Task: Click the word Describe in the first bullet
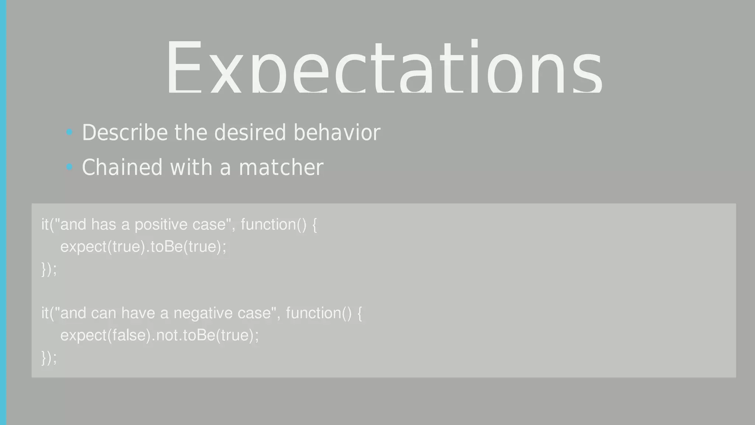(x=125, y=133)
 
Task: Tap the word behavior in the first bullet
(x=337, y=133)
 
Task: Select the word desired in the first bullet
(x=250, y=133)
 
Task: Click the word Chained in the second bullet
(x=122, y=168)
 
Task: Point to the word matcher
(x=281, y=168)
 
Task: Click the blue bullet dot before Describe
(x=69, y=132)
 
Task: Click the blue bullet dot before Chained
(x=69, y=167)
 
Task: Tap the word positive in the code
(x=161, y=225)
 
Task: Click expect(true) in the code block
(x=103, y=247)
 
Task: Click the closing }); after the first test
(x=49, y=269)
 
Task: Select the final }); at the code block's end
(x=49, y=358)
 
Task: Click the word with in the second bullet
(x=191, y=168)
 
